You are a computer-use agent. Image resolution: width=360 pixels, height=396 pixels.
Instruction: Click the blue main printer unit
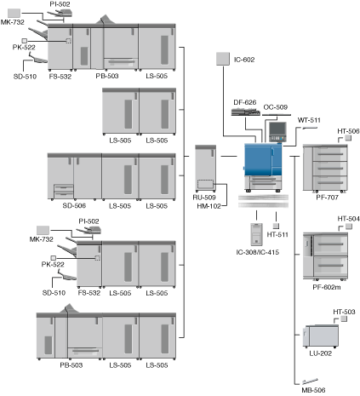[x=263, y=167]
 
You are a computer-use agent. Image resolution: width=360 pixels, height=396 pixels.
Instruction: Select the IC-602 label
[x=244, y=60]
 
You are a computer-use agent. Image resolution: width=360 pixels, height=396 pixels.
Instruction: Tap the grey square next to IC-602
[x=223, y=59]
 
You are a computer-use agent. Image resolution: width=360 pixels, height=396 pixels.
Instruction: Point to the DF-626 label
[x=245, y=102]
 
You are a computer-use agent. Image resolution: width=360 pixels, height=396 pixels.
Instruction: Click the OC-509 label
[x=276, y=107]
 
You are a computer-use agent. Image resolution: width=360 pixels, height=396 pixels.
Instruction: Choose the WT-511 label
[x=309, y=120]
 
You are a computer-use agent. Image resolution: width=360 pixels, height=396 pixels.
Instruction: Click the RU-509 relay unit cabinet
[x=205, y=169]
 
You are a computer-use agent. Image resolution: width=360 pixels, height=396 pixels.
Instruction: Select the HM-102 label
[x=209, y=206]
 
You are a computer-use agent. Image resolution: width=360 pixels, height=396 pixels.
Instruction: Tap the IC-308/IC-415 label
[x=258, y=252]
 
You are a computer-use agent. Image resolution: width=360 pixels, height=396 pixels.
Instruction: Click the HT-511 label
[x=277, y=234]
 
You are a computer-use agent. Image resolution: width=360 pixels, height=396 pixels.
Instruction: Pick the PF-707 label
[x=328, y=197]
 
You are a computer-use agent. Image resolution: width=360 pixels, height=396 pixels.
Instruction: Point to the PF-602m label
[x=327, y=287]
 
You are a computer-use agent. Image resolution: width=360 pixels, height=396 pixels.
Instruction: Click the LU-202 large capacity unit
[x=321, y=336]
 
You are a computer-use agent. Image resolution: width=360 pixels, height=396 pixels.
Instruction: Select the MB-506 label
[x=313, y=390]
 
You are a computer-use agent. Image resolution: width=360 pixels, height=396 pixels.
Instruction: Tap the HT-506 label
[x=348, y=131]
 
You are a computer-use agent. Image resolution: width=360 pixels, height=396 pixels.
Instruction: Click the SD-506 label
[x=74, y=205]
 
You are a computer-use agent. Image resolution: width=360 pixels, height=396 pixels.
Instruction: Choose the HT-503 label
[x=344, y=312]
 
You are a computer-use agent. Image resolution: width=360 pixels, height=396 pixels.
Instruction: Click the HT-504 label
[x=348, y=219]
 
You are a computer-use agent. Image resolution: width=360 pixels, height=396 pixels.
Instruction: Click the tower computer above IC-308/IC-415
[x=256, y=234]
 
